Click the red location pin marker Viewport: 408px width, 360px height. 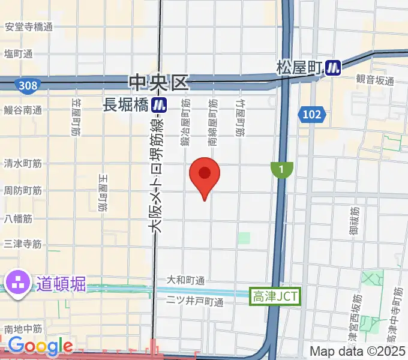[x=205, y=175]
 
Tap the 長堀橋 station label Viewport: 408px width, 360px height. [x=126, y=105]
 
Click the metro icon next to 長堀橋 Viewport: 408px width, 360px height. [x=159, y=105]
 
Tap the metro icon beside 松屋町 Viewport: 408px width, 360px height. [x=333, y=68]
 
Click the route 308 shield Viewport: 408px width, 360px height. [x=28, y=86]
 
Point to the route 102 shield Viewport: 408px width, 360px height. [x=312, y=114]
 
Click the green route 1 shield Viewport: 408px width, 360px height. [x=280, y=170]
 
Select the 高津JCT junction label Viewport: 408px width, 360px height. [x=274, y=295]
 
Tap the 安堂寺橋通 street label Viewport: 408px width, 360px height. [x=28, y=27]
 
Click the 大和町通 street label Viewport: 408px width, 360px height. [x=185, y=280]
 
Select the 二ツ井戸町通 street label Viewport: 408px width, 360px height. [x=194, y=301]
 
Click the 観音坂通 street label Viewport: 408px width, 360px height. [x=375, y=81]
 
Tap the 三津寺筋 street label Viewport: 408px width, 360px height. [x=23, y=244]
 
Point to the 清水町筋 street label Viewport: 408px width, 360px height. [x=23, y=163]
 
